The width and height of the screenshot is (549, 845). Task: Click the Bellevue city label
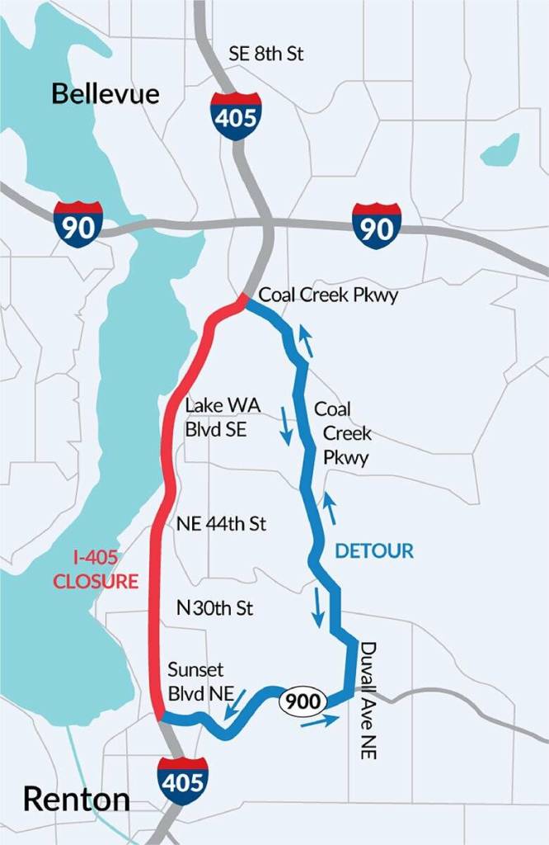coord(106,93)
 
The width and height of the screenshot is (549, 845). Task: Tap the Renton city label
coord(76,799)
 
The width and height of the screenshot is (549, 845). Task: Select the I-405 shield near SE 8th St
coord(236,116)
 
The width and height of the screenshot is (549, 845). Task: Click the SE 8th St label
coord(266,54)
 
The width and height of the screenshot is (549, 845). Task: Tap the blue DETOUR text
coord(374,550)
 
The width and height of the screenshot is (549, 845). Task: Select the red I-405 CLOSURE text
coord(96,569)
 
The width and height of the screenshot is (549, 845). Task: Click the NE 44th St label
coord(221,524)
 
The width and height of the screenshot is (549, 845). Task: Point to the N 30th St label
coord(214,608)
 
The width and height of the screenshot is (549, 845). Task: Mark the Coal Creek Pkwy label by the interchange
coord(328,295)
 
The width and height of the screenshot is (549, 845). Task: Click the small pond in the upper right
coord(500,149)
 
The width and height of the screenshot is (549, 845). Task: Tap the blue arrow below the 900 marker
coord(320,722)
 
